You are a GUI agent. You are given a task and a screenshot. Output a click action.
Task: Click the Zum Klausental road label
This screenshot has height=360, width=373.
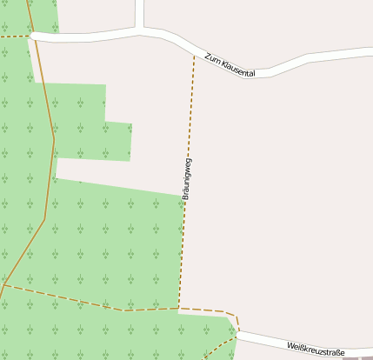[x=230, y=65]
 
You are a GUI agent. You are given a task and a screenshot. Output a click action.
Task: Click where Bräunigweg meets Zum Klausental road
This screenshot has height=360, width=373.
[x=194, y=55]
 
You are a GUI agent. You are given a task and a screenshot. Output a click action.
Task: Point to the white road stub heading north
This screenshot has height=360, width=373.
[x=139, y=12]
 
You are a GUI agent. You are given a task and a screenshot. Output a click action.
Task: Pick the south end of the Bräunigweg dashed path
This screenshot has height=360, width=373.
[x=179, y=308]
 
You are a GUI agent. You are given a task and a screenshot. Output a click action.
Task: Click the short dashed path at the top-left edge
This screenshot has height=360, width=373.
[x=13, y=37]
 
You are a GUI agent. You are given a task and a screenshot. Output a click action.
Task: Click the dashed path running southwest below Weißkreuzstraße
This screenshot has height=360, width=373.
[x=219, y=348]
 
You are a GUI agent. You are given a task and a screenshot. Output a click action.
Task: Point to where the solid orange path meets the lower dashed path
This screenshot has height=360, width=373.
[x=5, y=285]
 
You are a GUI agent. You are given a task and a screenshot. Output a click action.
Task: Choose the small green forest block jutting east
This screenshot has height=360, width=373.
[x=117, y=141]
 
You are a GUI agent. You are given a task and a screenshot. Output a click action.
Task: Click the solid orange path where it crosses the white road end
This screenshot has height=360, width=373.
[x=34, y=37]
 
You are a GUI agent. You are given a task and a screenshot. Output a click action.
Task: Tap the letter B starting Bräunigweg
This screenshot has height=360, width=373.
[x=185, y=197]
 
